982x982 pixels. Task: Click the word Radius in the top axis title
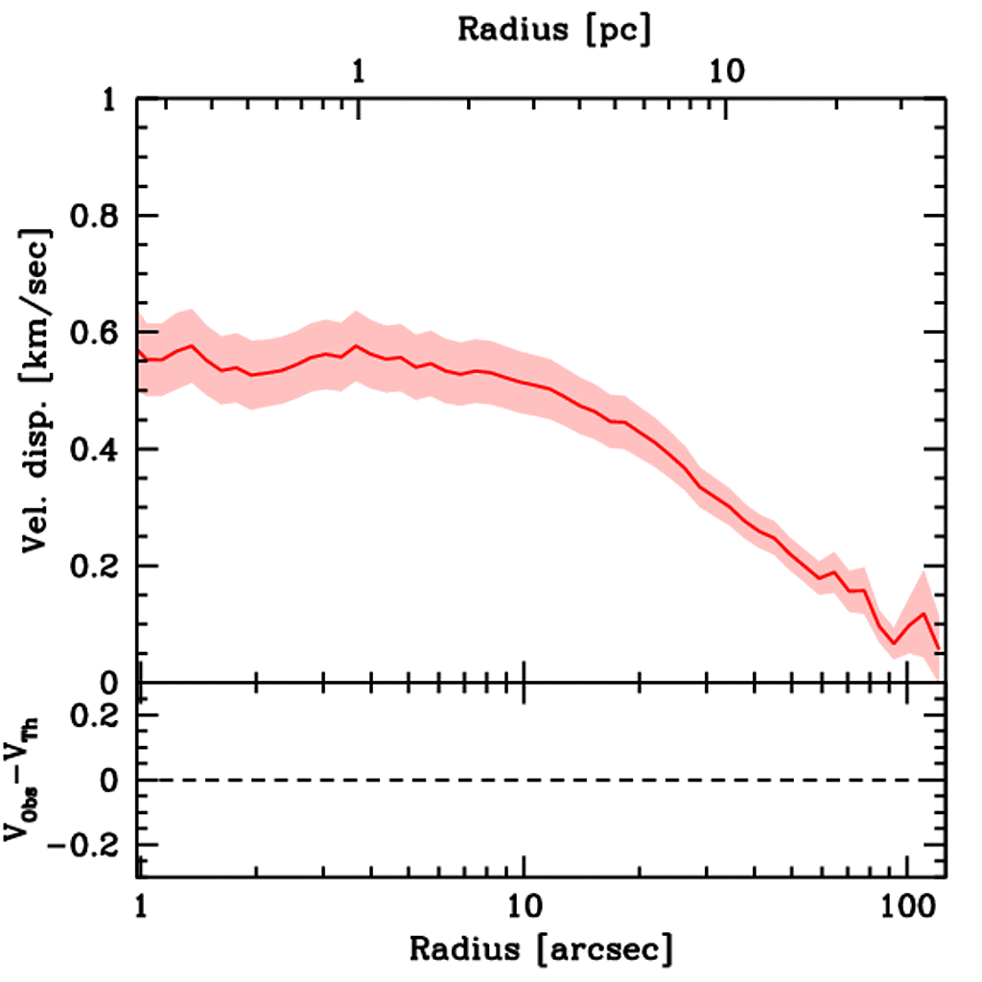click(x=512, y=29)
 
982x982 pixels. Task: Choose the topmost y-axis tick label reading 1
click(x=112, y=100)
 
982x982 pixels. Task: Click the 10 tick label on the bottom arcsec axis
click(x=524, y=904)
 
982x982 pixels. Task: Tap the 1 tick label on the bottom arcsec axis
click(x=141, y=904)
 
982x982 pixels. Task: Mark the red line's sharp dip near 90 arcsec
click(x=893, y=643)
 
